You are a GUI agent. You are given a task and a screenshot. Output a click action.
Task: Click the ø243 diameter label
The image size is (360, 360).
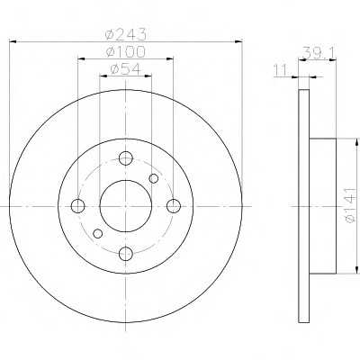126,34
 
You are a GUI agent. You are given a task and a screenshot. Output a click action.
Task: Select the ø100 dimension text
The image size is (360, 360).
126,52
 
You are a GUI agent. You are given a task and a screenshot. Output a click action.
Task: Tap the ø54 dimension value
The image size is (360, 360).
125,69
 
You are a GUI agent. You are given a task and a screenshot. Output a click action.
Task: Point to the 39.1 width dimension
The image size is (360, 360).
318,52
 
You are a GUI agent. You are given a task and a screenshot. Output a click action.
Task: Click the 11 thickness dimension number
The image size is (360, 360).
280,71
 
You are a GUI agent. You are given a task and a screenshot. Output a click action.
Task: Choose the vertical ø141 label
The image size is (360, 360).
350,206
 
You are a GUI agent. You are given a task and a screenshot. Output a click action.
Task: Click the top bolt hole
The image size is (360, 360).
126,158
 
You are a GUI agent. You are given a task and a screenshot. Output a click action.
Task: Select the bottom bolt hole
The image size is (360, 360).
126,254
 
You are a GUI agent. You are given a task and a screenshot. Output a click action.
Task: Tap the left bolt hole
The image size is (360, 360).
77,206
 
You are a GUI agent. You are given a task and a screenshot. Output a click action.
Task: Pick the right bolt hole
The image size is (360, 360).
174,206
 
